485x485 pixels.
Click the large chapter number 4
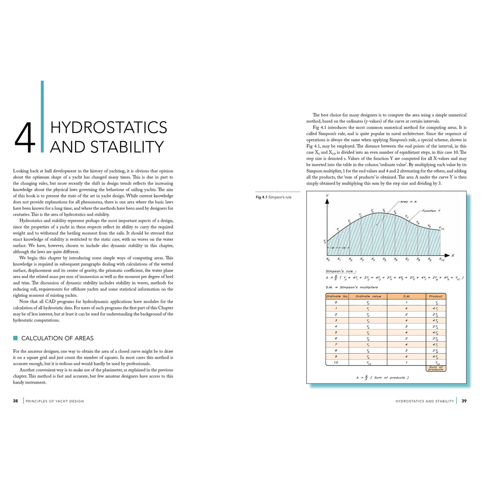click(x=25, y=138)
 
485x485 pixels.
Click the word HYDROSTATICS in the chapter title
click(x=109, y=127)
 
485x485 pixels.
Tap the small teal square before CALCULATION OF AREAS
click(x=16, y=338)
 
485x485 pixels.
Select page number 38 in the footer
click(x=15, y=401)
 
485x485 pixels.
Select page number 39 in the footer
click(x=464, y=401)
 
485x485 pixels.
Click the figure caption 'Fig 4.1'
click(x=262, y=197)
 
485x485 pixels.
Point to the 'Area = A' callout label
click(x=408, y=202)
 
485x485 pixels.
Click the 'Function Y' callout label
click(x=431, y=211)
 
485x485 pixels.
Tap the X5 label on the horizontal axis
click(x=384, y=259)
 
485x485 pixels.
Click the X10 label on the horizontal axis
click(x=441, y=259)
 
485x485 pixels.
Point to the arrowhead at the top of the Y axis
click(x=327, y=201)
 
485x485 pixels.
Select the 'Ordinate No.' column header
click(x=337, y=296)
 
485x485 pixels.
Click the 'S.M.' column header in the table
click(x=406, y=296)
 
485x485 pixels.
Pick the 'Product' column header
click(x=435, y=296)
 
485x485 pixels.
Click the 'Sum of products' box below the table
click(x=435, y=368)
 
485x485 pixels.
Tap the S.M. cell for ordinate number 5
click(x=406, y=332)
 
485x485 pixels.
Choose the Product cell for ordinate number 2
click(x=435, y=314)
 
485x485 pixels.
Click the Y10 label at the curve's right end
click(x=441, y=229)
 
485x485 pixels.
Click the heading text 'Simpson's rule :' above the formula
click(x=341, y=271)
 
